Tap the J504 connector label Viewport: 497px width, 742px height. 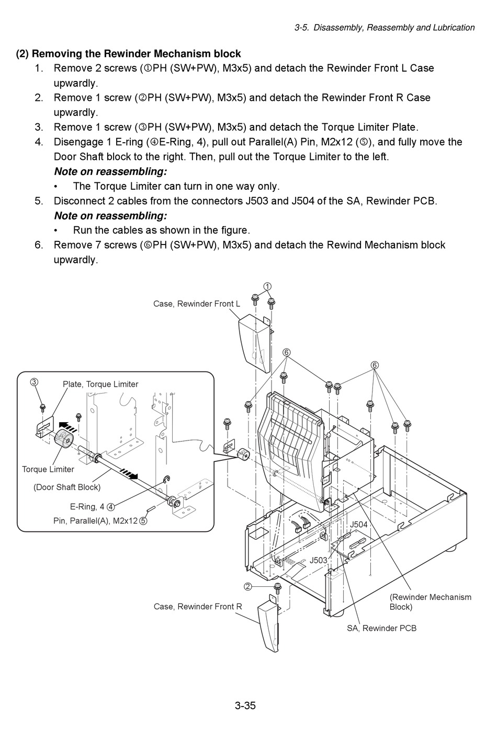pyautogui.click(x=358, y=524)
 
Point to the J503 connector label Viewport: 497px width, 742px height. pyautogui.click(x=318, y=560)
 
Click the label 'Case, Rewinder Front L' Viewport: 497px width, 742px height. pyautogui.click(x=197, y=304)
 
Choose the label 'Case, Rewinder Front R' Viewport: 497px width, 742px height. pyautogui.click(x=198, y=607)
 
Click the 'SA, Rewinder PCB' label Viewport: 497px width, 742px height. pyautogui.click(x=381, y=628)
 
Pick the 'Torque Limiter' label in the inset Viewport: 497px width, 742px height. pyautogui.click(x=48, y=469)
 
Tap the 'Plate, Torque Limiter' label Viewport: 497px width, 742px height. pyautogui.click(x=100, y=384)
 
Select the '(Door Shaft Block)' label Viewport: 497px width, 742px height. pyautogui.click(x=67, y=487)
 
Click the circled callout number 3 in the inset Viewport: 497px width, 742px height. pyautogui.click(x=34, y=382)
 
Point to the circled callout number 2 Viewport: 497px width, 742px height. pyautogui.click(x=247, y=586)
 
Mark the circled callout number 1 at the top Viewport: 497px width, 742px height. pyautogui.click(x=267, y=286)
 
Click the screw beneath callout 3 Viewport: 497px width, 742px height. pyautogui.click(x=43, y=406)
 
